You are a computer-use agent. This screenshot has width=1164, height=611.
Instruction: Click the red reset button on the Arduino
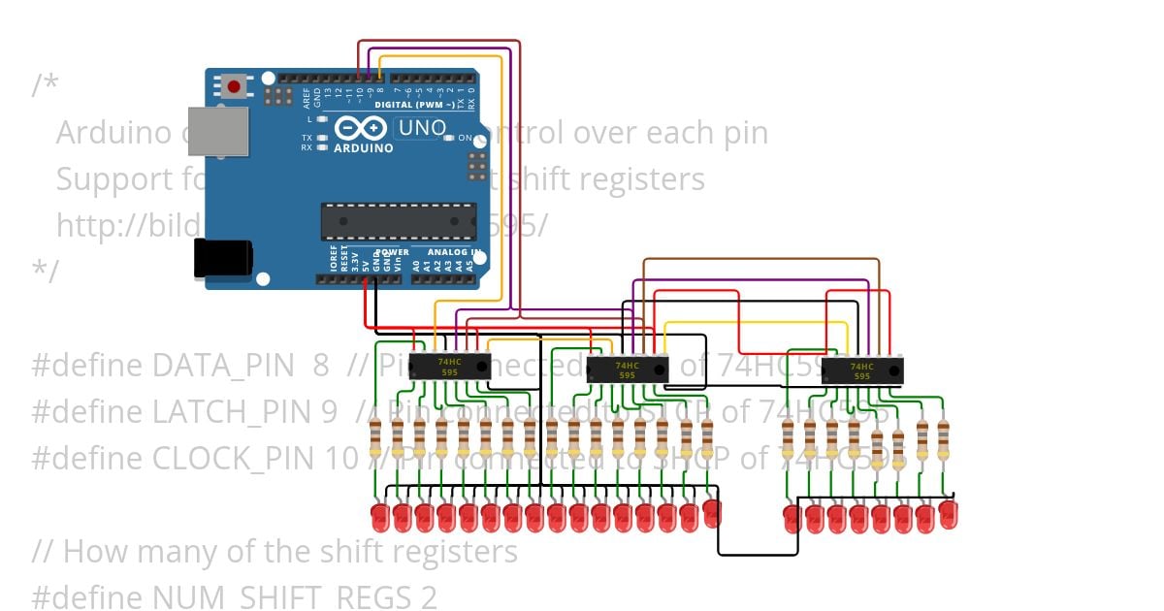pos(233,87)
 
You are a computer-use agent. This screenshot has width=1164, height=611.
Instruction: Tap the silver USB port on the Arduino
pos(218,130)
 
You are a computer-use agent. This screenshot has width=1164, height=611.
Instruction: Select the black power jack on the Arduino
pos(223,259)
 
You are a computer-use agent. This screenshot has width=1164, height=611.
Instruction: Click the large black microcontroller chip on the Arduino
pos(399,220)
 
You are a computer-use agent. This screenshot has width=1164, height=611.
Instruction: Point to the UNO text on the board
pos(423,127)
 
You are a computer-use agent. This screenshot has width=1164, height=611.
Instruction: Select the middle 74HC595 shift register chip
pos(627,370)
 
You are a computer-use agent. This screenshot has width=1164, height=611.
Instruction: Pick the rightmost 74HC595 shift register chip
pos(861,371)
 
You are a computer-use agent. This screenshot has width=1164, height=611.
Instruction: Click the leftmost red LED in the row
pos(380,516)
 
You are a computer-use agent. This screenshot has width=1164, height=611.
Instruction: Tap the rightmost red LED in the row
pos(948,513)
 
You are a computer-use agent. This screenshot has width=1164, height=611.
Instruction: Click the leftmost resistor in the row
pos(375,440)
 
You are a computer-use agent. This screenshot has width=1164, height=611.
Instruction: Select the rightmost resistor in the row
pos(943,440)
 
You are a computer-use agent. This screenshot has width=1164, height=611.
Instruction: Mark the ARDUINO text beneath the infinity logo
pos(364,148)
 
